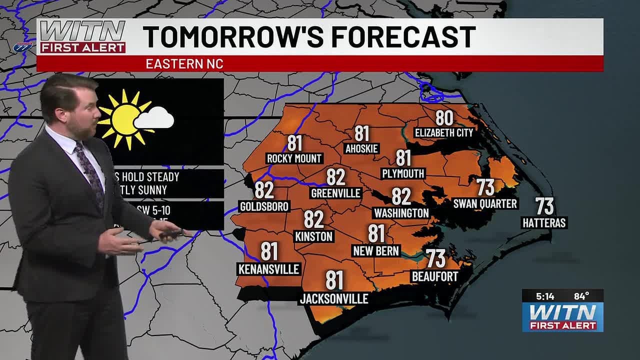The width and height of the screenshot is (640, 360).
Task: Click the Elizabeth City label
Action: click(x=444, y=133)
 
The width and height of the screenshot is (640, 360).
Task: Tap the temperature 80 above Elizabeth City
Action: click(x=444, y=118)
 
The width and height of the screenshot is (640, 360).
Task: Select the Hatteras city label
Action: click(x=544, y=223)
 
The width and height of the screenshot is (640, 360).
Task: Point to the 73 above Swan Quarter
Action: click(x=485, y=188)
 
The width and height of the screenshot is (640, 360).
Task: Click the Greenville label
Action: click(x=336, y=193)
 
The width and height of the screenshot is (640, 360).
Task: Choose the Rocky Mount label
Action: click(x=294, y=158)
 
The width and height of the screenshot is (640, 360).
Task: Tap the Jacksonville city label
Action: click(x=334, y=299)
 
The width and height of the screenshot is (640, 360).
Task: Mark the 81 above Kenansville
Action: click(x=269, y=251)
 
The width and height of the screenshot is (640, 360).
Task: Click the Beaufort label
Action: click(x=434, y=276)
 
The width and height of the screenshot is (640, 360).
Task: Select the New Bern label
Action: click(x=376, y=250)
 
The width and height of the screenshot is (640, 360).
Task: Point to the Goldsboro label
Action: click(x=264, y=206)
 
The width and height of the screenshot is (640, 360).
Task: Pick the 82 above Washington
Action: click(x=401, y=197)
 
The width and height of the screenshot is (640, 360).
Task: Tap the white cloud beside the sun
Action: click(x=154, y=118)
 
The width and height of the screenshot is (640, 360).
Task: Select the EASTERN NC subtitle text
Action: click(x=184, y=64)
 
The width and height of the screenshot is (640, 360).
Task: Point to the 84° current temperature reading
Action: click(x=581, y=296)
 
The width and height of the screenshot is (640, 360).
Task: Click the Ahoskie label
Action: click(x=361, y=148)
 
